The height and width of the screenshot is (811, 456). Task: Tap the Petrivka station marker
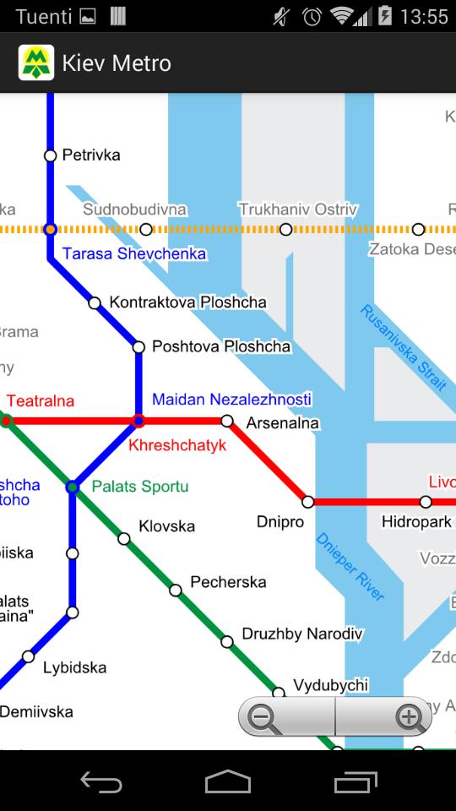click(x=50, y=155)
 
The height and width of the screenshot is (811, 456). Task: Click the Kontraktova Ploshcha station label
click(x=187, y=302)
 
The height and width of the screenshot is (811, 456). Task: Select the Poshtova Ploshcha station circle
click(x=138, y=346)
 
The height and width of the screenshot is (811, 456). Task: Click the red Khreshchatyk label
click(x=177, y=445)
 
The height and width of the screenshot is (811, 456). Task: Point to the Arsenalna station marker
click(x=226, y=421)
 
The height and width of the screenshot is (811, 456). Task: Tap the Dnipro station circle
click(x=308, y=502)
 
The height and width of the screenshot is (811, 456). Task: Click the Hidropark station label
click(x=416, y=522)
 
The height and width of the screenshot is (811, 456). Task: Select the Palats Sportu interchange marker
click(x=73, y=487)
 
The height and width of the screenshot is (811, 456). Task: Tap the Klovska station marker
click(x=124, y=539)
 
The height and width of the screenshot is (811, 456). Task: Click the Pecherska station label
click(x=228, y=582)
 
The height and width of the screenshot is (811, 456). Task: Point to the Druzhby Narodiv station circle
click(x=227, y=642)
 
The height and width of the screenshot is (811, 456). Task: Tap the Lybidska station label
click(x=74, y=668)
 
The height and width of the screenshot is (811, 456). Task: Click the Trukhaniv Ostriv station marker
click(x=286, y=229)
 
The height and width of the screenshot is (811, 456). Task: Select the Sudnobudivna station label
click(x=135, y=210)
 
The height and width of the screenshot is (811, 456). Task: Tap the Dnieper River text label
click(x=350, y=567)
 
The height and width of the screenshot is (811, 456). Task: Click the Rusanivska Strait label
click(x=403, y=347)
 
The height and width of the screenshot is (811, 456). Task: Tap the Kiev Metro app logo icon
click(x=36, y=63)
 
